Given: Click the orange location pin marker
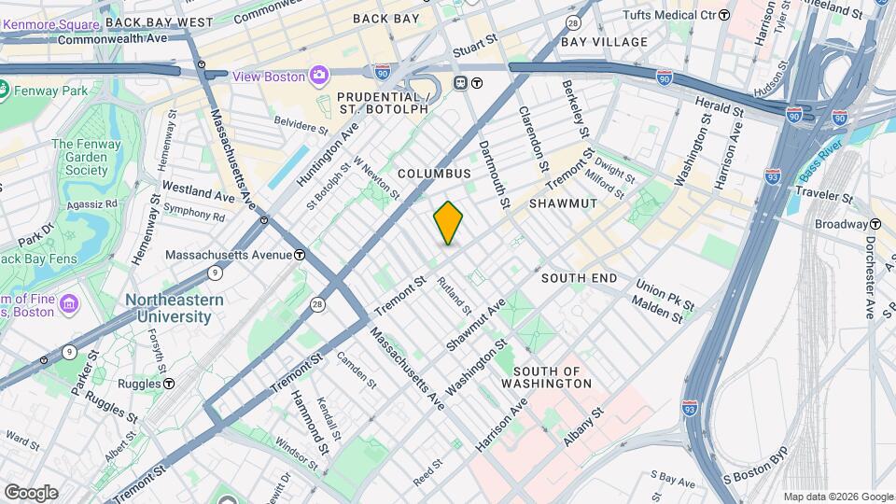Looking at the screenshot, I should point(448,222).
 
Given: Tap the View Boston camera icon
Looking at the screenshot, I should point(319,76).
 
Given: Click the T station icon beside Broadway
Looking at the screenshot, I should point(875,224).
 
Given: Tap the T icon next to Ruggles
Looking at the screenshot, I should point(169,383).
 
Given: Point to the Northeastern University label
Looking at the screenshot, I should point(175,308).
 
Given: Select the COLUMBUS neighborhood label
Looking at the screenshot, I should point(434,174).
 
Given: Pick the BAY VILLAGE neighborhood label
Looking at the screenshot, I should point(604,42).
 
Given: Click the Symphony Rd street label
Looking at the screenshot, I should point(193,217).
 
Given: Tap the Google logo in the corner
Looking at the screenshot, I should point(31,493).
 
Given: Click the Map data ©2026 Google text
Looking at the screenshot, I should point(837,497).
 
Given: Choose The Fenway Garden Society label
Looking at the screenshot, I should point(86,157).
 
